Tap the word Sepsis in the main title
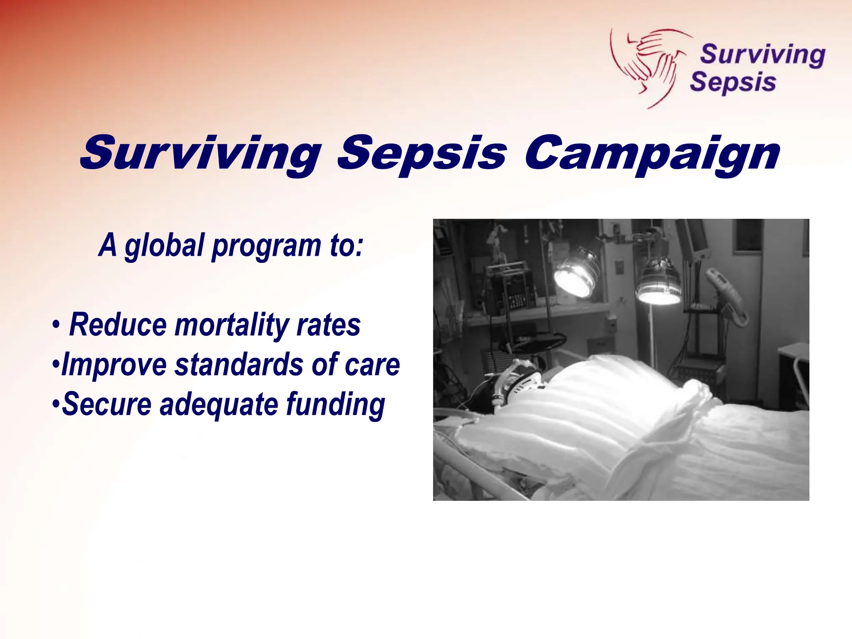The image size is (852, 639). tap(422, 154)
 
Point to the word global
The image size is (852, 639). tap(164, 245)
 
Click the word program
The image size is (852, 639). tap(267, 246)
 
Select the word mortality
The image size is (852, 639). tap(231, 325)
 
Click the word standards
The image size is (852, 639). tap(239, 364)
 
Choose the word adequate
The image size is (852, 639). tap(219, 404)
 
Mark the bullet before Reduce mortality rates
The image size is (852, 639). tap(56, 326)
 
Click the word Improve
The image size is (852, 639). tap(114, 364)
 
